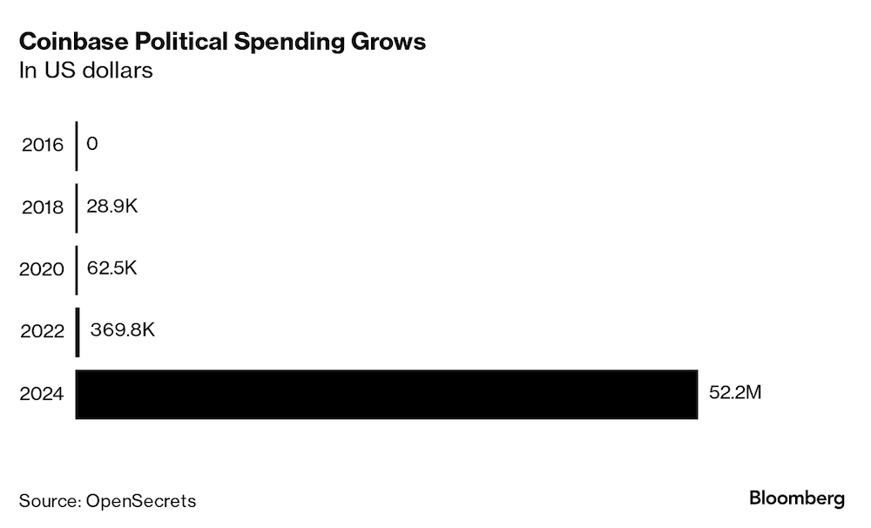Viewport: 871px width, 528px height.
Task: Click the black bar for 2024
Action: pos(387,395)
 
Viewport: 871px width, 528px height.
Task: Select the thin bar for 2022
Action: pos(78,332)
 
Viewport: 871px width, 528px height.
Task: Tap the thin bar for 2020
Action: pos(77,270)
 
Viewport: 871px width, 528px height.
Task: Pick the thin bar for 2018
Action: pos(77,207)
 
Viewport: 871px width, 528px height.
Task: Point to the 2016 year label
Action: pos(43,145)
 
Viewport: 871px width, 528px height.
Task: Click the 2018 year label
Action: pos(43,207)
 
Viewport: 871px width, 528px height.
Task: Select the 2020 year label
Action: pos(43,270)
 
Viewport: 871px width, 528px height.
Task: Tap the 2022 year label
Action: pos(43,332)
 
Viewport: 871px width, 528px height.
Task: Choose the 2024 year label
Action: pos(43,395)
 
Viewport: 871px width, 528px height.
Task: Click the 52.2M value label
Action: pos(735,393)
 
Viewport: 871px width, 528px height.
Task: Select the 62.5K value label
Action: pos(112,267)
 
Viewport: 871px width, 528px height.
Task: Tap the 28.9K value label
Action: pos(111,206)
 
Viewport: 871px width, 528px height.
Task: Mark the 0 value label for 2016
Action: pos(92,143)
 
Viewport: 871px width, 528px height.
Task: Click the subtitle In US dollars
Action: pos(86,71)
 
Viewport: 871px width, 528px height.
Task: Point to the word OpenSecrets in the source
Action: pos(141,501)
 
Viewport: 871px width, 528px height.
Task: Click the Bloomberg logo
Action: pos(796,499)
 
